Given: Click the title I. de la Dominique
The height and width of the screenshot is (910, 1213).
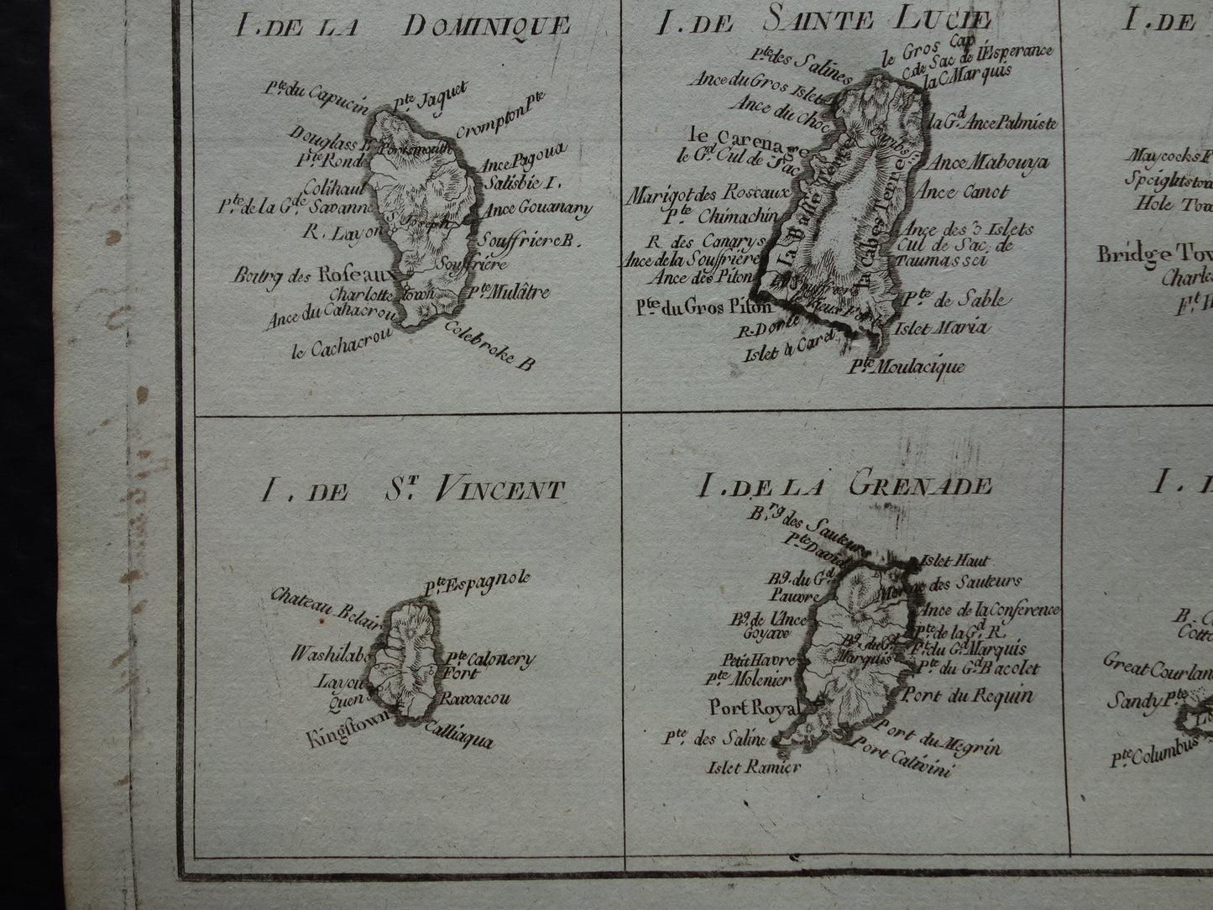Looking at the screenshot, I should pyautogui.click(x=404, y=27).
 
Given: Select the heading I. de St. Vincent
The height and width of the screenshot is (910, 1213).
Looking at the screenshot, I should pyautogui.click(x=411, y=489).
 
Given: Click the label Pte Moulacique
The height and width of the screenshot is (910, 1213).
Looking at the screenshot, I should pyautogui.click(x=906, y=366).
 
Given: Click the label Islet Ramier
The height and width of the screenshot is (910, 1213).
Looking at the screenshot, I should pyautogui.click(x=755, y=766).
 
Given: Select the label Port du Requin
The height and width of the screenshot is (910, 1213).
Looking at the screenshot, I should pyautogui.click(x=966, y=695).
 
